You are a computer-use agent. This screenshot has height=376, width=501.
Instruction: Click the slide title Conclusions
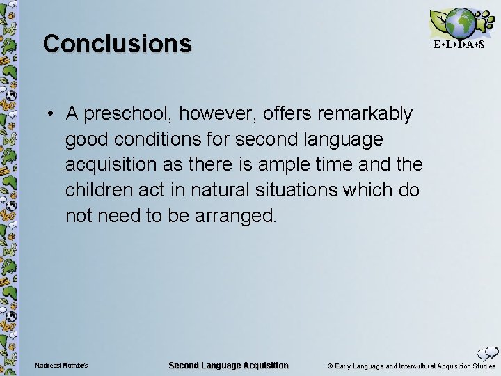[x=117, y=43]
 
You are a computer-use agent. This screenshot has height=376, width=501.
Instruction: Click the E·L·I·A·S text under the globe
[x=459, y=45]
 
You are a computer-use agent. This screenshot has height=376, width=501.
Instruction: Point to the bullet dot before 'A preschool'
[x=53, y=113]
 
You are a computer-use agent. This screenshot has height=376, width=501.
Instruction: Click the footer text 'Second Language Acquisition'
[x=228, y=366]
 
